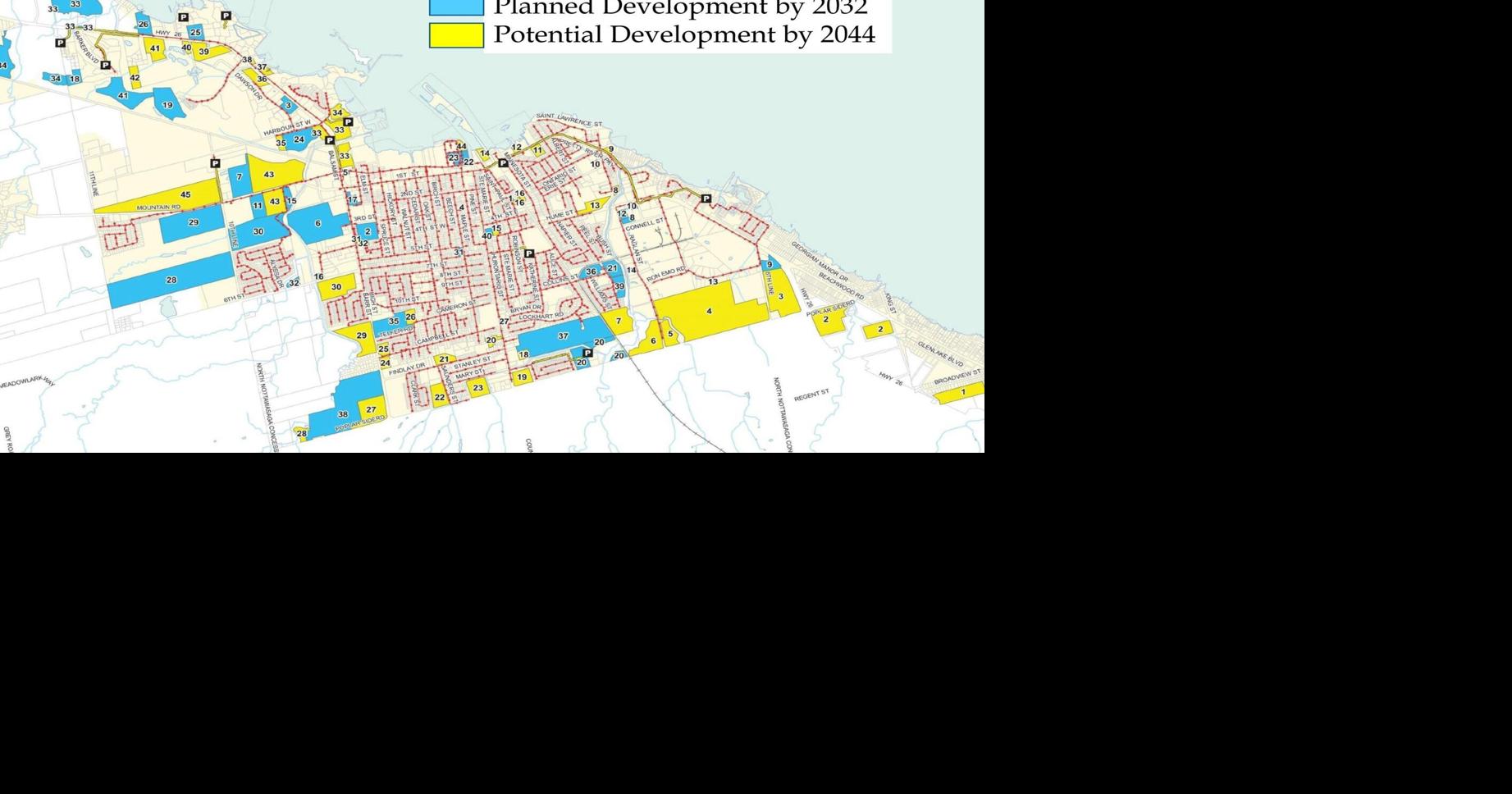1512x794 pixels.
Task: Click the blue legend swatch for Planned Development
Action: [x=456, y=7]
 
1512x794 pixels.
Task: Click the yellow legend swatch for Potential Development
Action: [x=456, y=34]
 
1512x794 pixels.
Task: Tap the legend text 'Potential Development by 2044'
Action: [x=684, y=34]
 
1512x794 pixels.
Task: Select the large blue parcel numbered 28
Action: [x=171, y=281]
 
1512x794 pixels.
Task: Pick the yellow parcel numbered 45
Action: [x=185, y=195]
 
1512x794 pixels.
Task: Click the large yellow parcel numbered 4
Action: [x=710, y=312]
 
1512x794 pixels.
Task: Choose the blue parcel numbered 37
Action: [x=563, y=336]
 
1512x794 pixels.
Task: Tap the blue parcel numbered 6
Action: [x=318, y=223]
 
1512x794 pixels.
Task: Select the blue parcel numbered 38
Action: [x=343, y=415]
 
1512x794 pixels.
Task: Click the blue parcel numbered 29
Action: [x=194, y=223]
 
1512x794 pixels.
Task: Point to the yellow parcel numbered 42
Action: [x=135, y=79]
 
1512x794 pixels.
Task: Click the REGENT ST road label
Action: [x=811, y=395]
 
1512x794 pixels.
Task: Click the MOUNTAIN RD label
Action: [x=158, y=208]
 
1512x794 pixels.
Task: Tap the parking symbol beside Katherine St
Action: [x=529, y=254]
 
